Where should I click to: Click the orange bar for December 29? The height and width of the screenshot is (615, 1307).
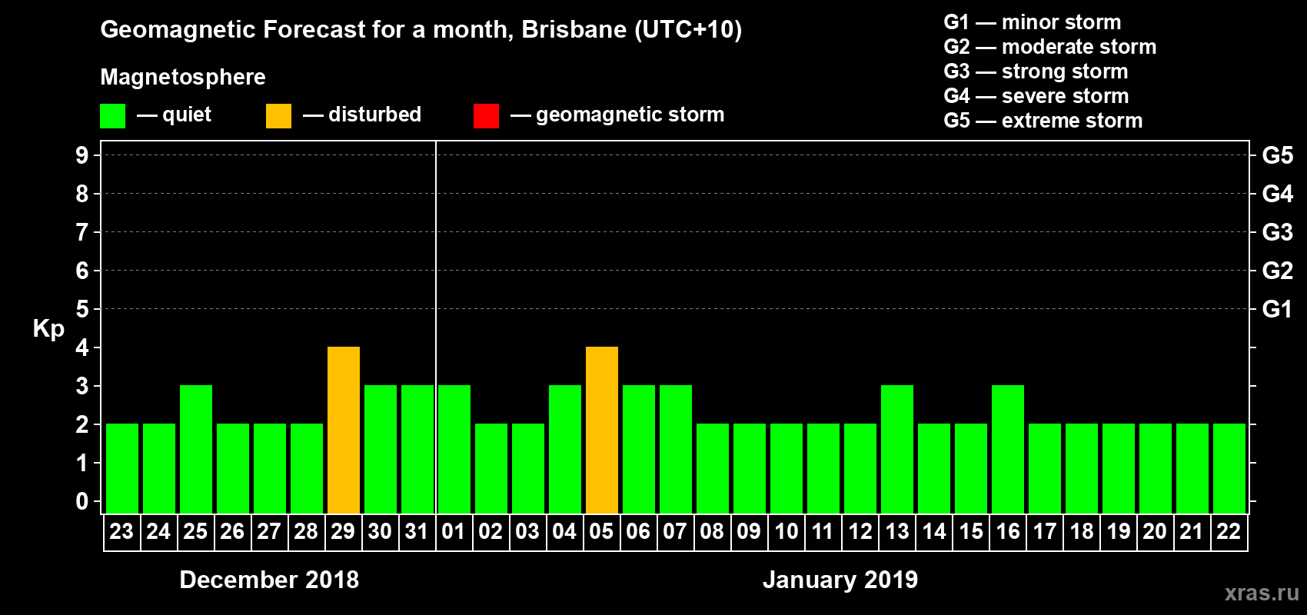pyautogui.click(x=344, y=430)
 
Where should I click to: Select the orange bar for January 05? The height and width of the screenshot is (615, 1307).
pyautogui.click(x=602, y=430)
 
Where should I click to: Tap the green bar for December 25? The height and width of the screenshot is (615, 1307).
pyautogui.click(x=196, y=449)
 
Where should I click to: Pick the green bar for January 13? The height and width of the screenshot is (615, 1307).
pyautogui.click(x=897, y=449)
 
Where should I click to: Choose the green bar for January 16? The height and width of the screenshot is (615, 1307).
pyautogui.click(x=1008, y=449)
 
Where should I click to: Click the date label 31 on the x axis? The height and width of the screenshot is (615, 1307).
pyautogui.click(x=417, y=532)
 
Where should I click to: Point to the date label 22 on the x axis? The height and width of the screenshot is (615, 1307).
pyautogui.click(x=1229, y=532)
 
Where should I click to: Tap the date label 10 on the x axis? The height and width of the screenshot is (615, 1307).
pyautogui.click(x=786, y=532)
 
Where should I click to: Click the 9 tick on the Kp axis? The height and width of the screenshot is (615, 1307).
pyautogui.click(x=82, y=155)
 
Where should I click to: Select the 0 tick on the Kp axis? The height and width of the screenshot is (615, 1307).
pyautogui.click(x=82, y=501)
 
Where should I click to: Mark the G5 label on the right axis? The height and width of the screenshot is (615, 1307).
pyautogui.click(x=1277, y=155)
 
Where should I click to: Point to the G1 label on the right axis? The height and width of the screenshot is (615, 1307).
pyautogui.click(x=1277, y=309)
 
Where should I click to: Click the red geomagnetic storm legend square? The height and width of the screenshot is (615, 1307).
pyautogui.click(x=486, y=116)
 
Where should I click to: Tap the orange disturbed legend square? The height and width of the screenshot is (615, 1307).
pyautogui.click(x=278, y=116)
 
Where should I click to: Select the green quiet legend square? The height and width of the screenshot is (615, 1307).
pyautogui.click(x=112, y=116)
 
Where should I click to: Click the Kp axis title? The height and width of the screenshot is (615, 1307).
pyautogui.click(x=48, y=328)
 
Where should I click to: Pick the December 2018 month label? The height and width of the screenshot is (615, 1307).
pyautogui.click(x=269, y=580)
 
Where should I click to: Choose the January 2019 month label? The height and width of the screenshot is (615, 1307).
pyautogui.click(x=840, y=580)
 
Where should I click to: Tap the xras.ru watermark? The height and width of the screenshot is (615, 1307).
pyautogui.click(x=1262, y=593)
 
